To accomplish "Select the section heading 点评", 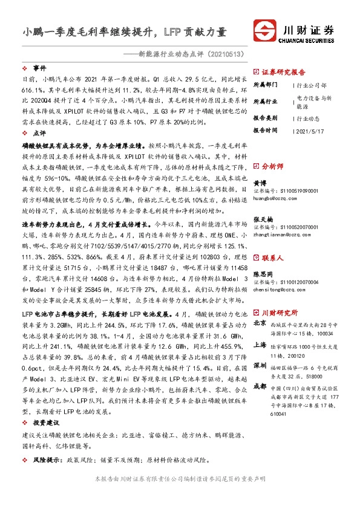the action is (39, 132).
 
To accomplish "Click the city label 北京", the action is (259, 323).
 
